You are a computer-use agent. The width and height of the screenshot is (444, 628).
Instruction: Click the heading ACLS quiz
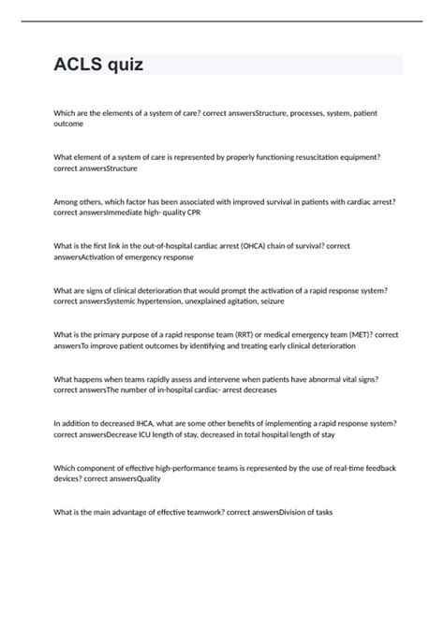point(99,65)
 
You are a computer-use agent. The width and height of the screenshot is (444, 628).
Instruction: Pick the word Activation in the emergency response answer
point(100,256)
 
